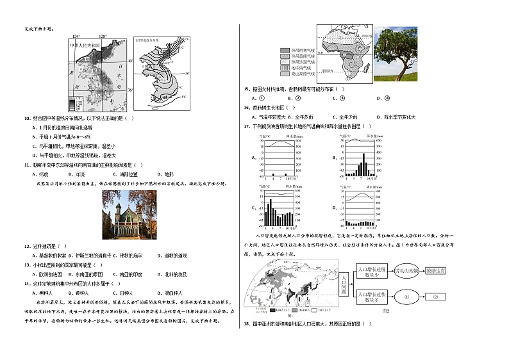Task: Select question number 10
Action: tap(27, 118)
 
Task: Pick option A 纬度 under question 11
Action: tap(40, 174)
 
